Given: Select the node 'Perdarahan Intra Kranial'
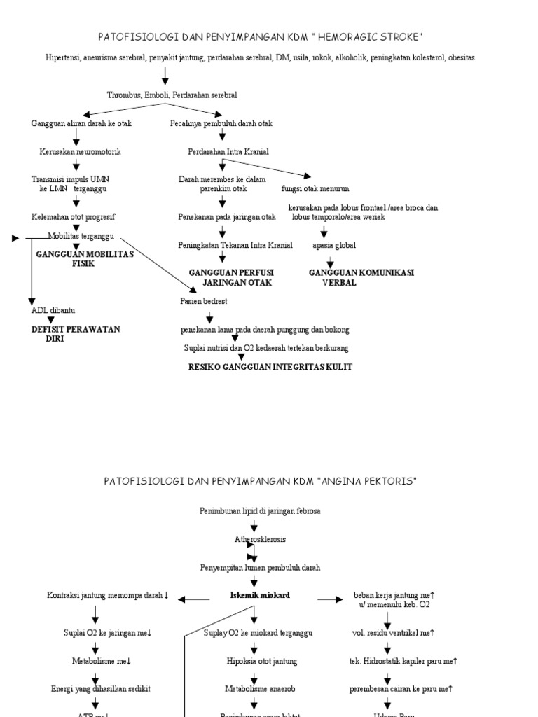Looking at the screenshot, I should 228,151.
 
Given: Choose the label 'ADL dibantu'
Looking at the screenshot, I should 53,310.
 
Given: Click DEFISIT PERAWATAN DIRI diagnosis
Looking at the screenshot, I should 76,333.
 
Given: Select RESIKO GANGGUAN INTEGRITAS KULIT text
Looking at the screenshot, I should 270,367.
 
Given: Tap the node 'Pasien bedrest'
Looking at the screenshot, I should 203,301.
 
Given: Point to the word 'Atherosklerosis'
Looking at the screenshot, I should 260,539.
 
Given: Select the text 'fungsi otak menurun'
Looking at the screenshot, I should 315,189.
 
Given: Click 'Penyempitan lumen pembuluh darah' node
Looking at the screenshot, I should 260,567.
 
